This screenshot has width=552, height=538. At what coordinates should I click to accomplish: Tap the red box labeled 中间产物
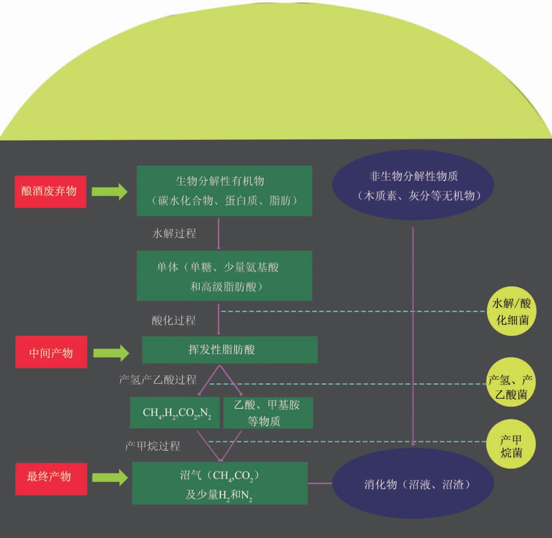[x=51, y=352]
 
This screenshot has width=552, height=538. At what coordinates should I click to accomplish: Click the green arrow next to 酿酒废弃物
[x=109, y=192]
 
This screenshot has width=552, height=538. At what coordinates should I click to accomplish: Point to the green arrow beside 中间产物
[x=110, y=352]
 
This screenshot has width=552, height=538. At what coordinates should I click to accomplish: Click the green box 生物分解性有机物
[x=225, y=191]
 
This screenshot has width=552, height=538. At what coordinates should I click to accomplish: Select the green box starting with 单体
[x=225, y=276]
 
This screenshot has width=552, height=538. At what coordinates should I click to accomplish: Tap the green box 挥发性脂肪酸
[x=230, y=350]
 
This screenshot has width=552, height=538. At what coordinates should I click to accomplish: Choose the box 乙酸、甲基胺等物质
[x=268, y=413]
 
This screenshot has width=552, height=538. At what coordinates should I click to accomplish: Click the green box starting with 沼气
[x=220, y=483]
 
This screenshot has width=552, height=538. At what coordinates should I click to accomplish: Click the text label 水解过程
[x=174, y=233]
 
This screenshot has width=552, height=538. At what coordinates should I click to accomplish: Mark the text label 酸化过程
[x=173, y=320]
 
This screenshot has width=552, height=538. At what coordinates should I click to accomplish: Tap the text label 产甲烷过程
[x=152, y=445]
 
